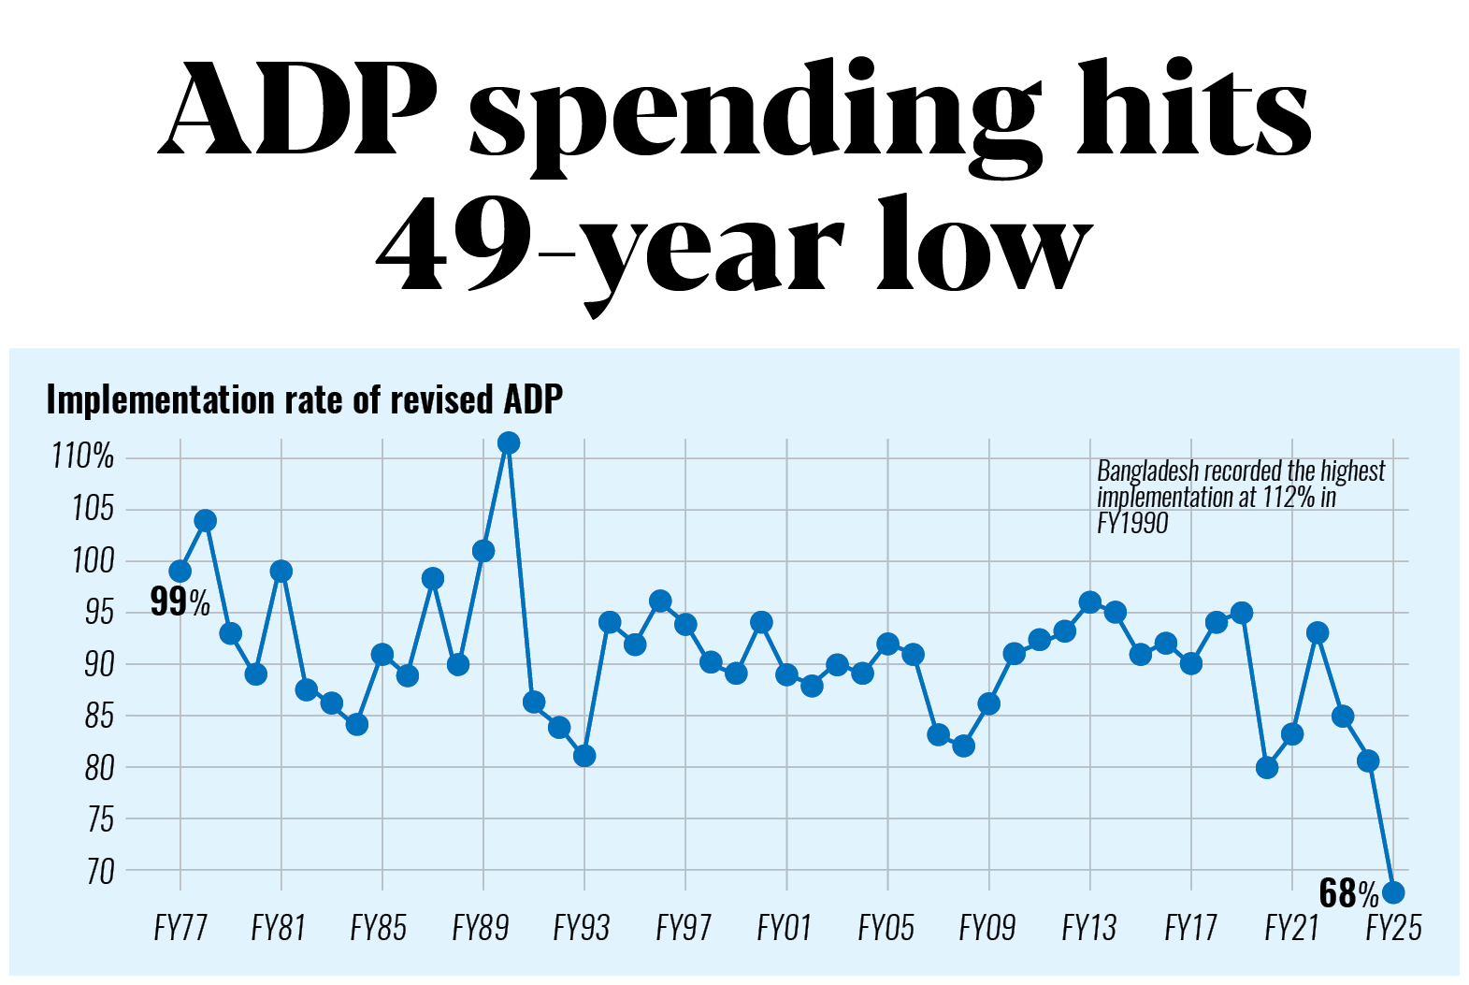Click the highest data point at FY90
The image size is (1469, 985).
click(509, 442)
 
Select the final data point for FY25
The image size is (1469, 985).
click(1392, 892)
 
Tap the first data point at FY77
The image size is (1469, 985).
click(180, 572)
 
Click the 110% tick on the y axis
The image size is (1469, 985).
click(82, 456)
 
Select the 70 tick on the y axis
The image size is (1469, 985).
click(99, 872)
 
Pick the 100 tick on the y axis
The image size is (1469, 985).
click(93, 561)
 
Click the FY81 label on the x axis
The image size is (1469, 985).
click(279, 928)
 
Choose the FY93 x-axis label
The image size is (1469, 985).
click(582, 928)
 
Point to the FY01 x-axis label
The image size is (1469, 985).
click(785, 928)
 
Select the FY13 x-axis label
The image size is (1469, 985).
click(1089, 928)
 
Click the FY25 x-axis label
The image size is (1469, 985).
click(1393, 928)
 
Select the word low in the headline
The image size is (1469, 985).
click(984, 245)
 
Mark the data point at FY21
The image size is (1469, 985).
click(1292, 734)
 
